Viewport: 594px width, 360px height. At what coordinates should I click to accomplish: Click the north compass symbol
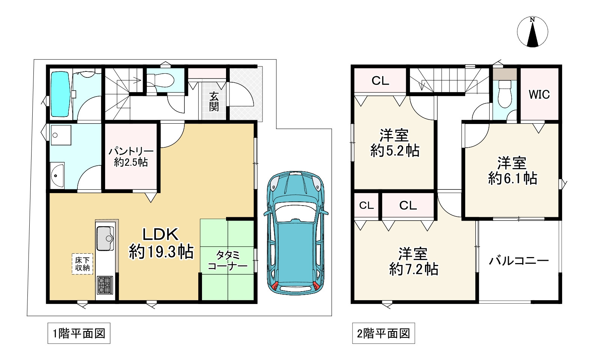click(532, 32)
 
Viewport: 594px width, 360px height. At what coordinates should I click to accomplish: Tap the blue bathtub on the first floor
click(61, 94)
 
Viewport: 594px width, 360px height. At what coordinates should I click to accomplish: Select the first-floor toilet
click(161, 80)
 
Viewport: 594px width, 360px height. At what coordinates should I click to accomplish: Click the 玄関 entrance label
click(214, 101)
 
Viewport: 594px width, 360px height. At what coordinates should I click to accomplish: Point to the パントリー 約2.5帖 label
click(131, 157)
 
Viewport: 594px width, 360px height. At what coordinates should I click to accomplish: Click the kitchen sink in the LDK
click(105, 238)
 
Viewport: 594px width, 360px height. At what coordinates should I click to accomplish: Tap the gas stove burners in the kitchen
click(105, 285)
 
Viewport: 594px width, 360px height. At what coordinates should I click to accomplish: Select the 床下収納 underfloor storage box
click(83, 264)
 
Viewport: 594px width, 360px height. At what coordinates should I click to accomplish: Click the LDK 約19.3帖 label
click(161, 243)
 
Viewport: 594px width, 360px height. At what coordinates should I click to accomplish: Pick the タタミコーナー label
click(228, 260)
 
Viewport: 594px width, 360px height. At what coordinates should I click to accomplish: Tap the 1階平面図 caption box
click(79, 333)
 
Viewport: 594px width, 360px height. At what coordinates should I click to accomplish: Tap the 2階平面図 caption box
click(383, 333)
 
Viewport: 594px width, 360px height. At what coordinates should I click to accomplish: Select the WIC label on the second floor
click(540, 95)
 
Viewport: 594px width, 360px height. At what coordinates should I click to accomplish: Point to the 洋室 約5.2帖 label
click(395, 143)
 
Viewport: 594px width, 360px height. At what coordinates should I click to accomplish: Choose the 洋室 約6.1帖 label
click(513, 171)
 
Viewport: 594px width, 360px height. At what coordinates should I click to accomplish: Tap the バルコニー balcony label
click(519, 261)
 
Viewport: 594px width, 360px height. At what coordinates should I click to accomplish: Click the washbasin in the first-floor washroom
click(57, 175)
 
